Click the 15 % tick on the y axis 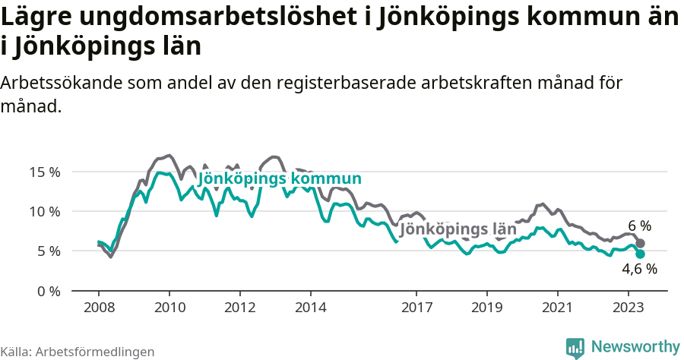tap(45, 172)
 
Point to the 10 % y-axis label tap(45, 211)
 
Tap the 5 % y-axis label tap(48, 251)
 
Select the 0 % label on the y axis tap(48, 291)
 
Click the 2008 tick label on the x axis tap(99, 308)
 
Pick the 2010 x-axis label tap(169, 308)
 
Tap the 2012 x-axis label tap(240, 308)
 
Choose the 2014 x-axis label tap(311, 308)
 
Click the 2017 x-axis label tap(416, 308)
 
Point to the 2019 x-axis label tap(487, 308)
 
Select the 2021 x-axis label tap(558, 308)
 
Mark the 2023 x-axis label tap(629, 308)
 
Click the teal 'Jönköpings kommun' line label tap(280, 179)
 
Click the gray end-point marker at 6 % tap(641, 243)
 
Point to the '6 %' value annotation tap(640, 226)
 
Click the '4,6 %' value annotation tap(639, 268)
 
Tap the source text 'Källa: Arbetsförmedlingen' tap(78, 352)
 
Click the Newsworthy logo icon tap(575, 347)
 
